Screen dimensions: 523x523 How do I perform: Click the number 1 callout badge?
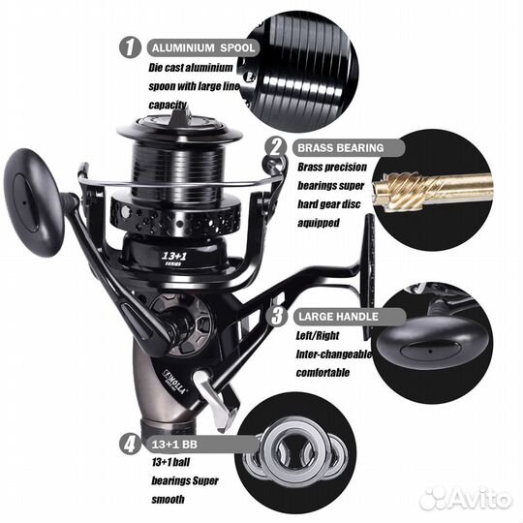[130, 47]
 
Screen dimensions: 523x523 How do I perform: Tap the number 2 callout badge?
[275, 147]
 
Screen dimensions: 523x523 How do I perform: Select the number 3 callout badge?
[277, 316]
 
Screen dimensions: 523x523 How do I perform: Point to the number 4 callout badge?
[130, 444]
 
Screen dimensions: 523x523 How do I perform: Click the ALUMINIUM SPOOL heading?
[203, 47]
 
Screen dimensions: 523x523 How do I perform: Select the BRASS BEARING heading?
[341, 148]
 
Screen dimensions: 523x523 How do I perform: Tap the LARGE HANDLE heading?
[338, 317]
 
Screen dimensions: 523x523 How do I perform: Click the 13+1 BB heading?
[174, 445]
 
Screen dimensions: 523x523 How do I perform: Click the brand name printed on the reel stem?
[173, 382]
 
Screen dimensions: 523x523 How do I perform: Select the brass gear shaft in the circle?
[433, 190]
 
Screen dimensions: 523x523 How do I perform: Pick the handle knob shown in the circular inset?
[432, 350]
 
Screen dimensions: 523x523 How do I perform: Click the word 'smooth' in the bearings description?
[168, 500]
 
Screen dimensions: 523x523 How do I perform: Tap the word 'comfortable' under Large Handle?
[323, 372]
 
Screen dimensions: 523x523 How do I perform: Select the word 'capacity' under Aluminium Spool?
[168, 105]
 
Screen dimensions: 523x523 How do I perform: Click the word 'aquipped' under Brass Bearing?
[319, 223]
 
